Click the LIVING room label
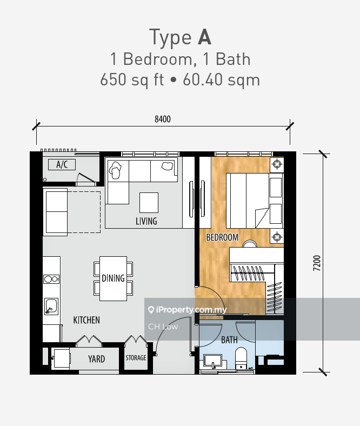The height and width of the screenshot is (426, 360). pos(146,221)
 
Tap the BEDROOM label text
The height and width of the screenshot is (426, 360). pos(222,237)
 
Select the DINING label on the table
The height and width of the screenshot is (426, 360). pos(113,278)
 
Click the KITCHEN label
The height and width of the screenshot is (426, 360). pos(86,320)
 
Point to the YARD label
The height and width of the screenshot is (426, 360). pos(96,359)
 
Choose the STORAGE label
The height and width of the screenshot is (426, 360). pos(136,358)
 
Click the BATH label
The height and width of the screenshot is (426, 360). pos(229,340)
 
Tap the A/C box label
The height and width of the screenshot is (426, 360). pos(62,164)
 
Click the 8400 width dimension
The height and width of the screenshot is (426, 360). pos(163,119)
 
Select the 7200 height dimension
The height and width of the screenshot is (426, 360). pos(317,263)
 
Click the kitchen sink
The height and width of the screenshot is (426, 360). pos(51,307)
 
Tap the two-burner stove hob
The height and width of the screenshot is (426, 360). pos(51,279)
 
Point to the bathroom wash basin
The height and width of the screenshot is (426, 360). pos(213,362)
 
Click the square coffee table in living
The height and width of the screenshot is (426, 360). pos(149,203)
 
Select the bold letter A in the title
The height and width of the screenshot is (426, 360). pos(204,37)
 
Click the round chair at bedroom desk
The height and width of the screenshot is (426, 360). pos(250,244)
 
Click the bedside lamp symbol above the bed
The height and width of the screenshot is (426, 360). pos(277,164)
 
